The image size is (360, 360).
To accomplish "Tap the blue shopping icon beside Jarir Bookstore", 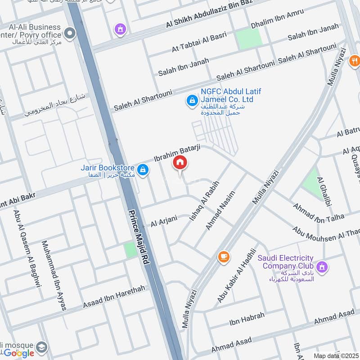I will [x=143, y=170].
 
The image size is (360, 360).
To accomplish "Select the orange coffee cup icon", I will [x=223, y=256].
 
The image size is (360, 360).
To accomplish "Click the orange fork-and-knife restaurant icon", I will [x=355, y=60].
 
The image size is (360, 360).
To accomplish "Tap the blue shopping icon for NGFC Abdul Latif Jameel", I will [x=192, y=100].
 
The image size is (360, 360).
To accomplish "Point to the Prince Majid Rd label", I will [x=139, y=239].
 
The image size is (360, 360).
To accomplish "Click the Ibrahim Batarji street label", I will [x=177, y=153].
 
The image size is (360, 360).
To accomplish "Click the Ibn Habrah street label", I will [x=247, y=319].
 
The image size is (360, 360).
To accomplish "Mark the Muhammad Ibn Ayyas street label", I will [x=54, y=275].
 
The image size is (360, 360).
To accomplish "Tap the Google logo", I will [x=19, y=353].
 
